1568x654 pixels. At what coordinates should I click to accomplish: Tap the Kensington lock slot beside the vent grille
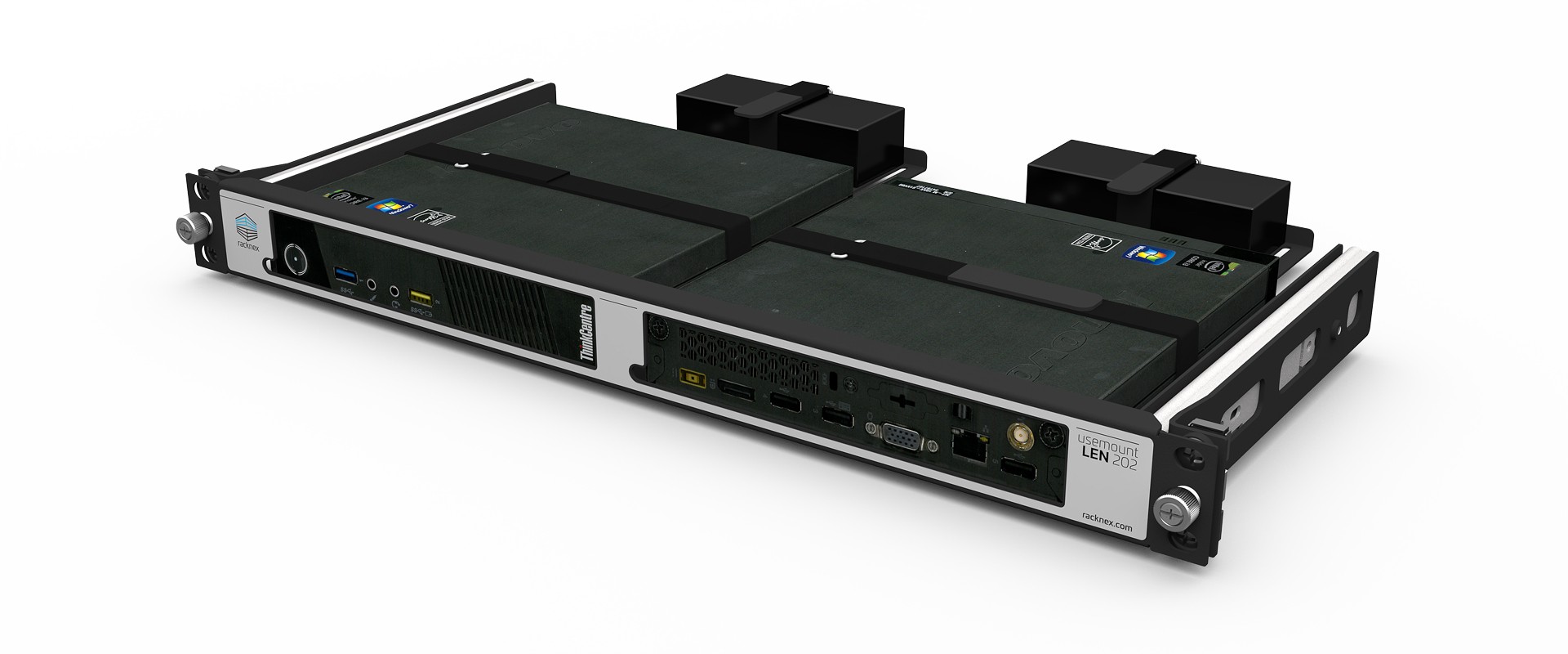click(x=832, y=381)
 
